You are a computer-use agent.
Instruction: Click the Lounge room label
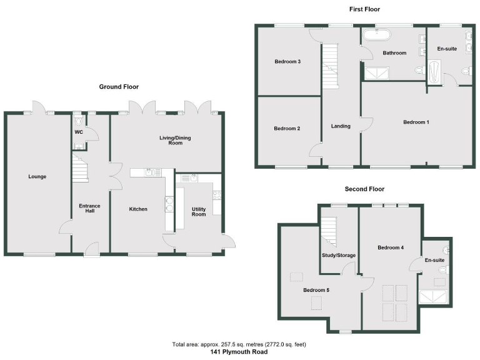point(37,177)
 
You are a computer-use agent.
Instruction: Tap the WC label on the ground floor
point(79,132)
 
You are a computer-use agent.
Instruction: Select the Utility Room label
point(199,211)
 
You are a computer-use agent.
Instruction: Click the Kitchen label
point(138,209)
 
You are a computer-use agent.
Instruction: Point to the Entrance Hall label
point(89,209)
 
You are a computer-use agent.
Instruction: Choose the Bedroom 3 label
point(287,62)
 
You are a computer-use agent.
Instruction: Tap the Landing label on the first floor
point(341,126)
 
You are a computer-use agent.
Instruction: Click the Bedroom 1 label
point(416,122)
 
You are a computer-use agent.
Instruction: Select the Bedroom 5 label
point(316,290)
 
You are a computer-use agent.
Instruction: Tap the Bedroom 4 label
point(391,248)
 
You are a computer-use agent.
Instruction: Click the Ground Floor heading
point(119,87)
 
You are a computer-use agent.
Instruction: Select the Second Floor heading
point(364,189)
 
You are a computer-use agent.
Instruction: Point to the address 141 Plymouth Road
point(239,352)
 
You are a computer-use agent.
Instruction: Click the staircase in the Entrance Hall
point(79,169)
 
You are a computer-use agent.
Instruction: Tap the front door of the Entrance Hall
point(91,249)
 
